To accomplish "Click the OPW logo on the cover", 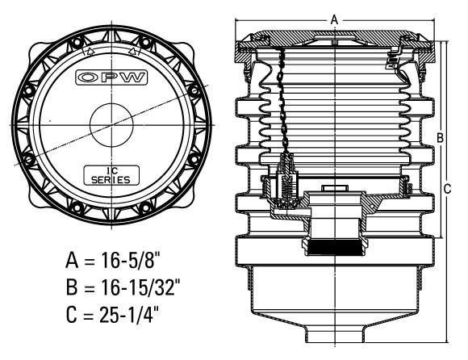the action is [x=111, y=77].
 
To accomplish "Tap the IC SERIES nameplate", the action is [x=111, y=175].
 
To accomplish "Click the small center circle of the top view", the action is [x=112, y=125].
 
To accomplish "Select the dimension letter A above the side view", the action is [x=334, y=19].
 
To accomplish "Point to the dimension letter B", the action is [x=440, y=137].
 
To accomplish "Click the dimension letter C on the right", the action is [x=447, y=189].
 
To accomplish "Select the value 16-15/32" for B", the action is [x=140, y=287].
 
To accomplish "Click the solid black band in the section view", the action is [x=334, y=248].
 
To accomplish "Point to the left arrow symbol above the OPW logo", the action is [x=90, y=52].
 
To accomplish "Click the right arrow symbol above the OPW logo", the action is [x=132, y=52].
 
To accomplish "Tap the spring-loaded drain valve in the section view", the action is [x=286, y=182].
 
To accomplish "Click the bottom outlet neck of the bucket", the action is [x=335, y=333].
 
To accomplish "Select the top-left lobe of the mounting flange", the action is [x=36, y=52].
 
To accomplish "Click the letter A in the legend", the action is [x=72, y=260].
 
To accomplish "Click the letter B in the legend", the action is [x=72, y=287].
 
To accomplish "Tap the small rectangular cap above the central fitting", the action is [x=335, y=189].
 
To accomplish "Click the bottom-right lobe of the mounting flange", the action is [x=187, y=199].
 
